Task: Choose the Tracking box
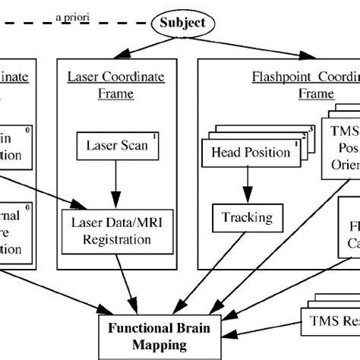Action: pos(247,218)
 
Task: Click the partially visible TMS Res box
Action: pos(330,320)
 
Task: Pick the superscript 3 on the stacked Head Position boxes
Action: pos(310,128)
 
